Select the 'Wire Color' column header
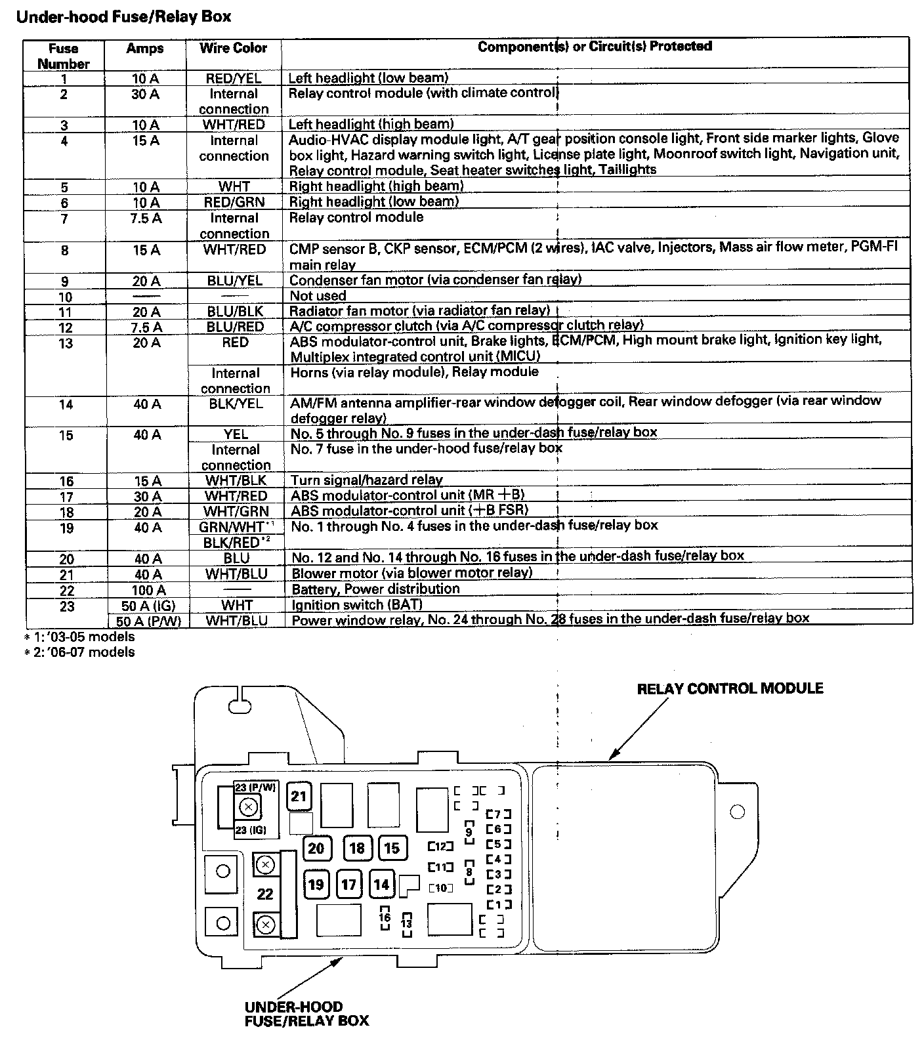234,48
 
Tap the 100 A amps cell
147,590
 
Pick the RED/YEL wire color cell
234,78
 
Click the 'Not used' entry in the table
318,296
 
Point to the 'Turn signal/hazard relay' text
366,480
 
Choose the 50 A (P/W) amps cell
148,620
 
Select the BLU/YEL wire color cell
234,280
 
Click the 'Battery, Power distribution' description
375,589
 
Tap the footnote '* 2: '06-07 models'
79,652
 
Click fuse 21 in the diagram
299,797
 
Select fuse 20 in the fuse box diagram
316,848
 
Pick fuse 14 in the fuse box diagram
381,885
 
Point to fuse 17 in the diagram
348,885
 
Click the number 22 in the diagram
265,894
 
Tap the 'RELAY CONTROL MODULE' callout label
730,688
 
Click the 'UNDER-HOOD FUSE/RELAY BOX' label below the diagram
306,1014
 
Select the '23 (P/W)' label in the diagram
256,787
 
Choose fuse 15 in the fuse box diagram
392,848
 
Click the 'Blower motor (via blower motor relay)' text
411,573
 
